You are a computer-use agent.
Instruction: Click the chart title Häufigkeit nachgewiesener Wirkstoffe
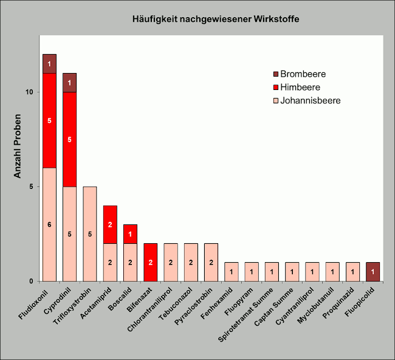216,19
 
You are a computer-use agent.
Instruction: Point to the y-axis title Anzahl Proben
18,146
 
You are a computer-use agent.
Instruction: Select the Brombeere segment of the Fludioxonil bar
50,64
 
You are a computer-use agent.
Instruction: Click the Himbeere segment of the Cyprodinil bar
70,139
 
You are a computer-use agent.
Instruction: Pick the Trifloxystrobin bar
90,234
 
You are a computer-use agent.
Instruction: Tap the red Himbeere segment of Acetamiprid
110,224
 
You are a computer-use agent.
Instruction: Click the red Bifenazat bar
150,262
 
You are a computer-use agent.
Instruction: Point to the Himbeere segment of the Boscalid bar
130,234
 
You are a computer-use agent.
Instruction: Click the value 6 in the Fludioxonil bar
50,224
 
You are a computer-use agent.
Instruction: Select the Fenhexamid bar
231,271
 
